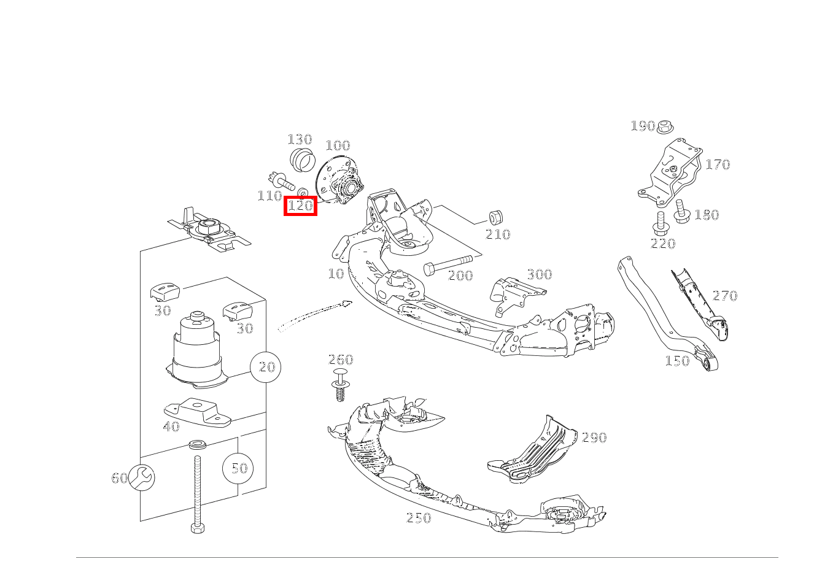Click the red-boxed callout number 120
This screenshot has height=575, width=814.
[300, 206]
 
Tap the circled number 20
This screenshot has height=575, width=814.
[266, 367]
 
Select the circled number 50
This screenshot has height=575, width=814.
[238, 468]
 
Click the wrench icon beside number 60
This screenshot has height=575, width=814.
[142, 477]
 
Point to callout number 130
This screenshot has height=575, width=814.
[300, 139]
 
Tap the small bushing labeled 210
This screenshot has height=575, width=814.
[495, 217]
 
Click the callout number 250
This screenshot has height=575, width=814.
[418, 518]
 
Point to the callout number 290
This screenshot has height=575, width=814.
[594, 438]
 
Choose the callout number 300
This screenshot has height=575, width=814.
[539, 274]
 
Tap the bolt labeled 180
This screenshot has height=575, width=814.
[681, 212]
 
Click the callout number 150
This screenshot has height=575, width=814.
[677, 361]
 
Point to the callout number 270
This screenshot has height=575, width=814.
[724, 296]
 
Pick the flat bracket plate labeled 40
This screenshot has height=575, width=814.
[196, 412]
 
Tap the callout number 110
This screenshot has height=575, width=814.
[269, 196]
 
